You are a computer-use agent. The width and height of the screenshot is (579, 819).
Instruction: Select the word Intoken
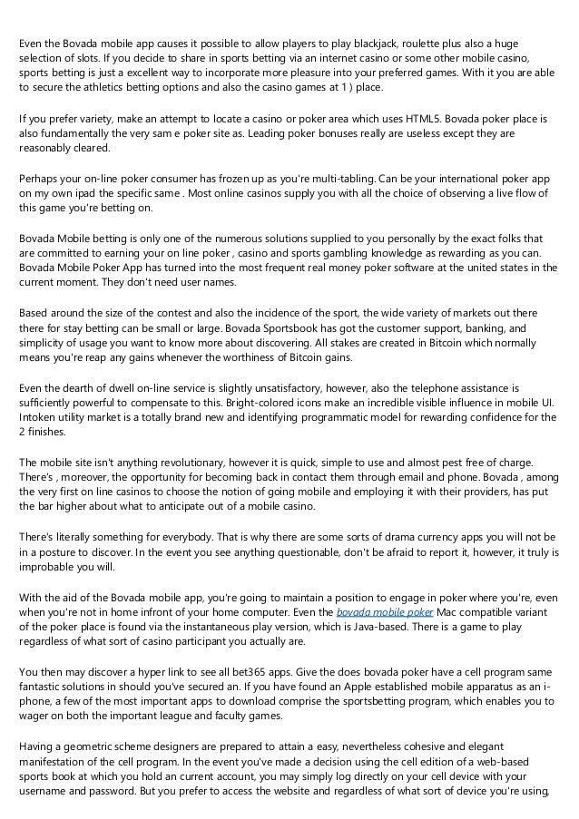[x=36, y=417]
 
